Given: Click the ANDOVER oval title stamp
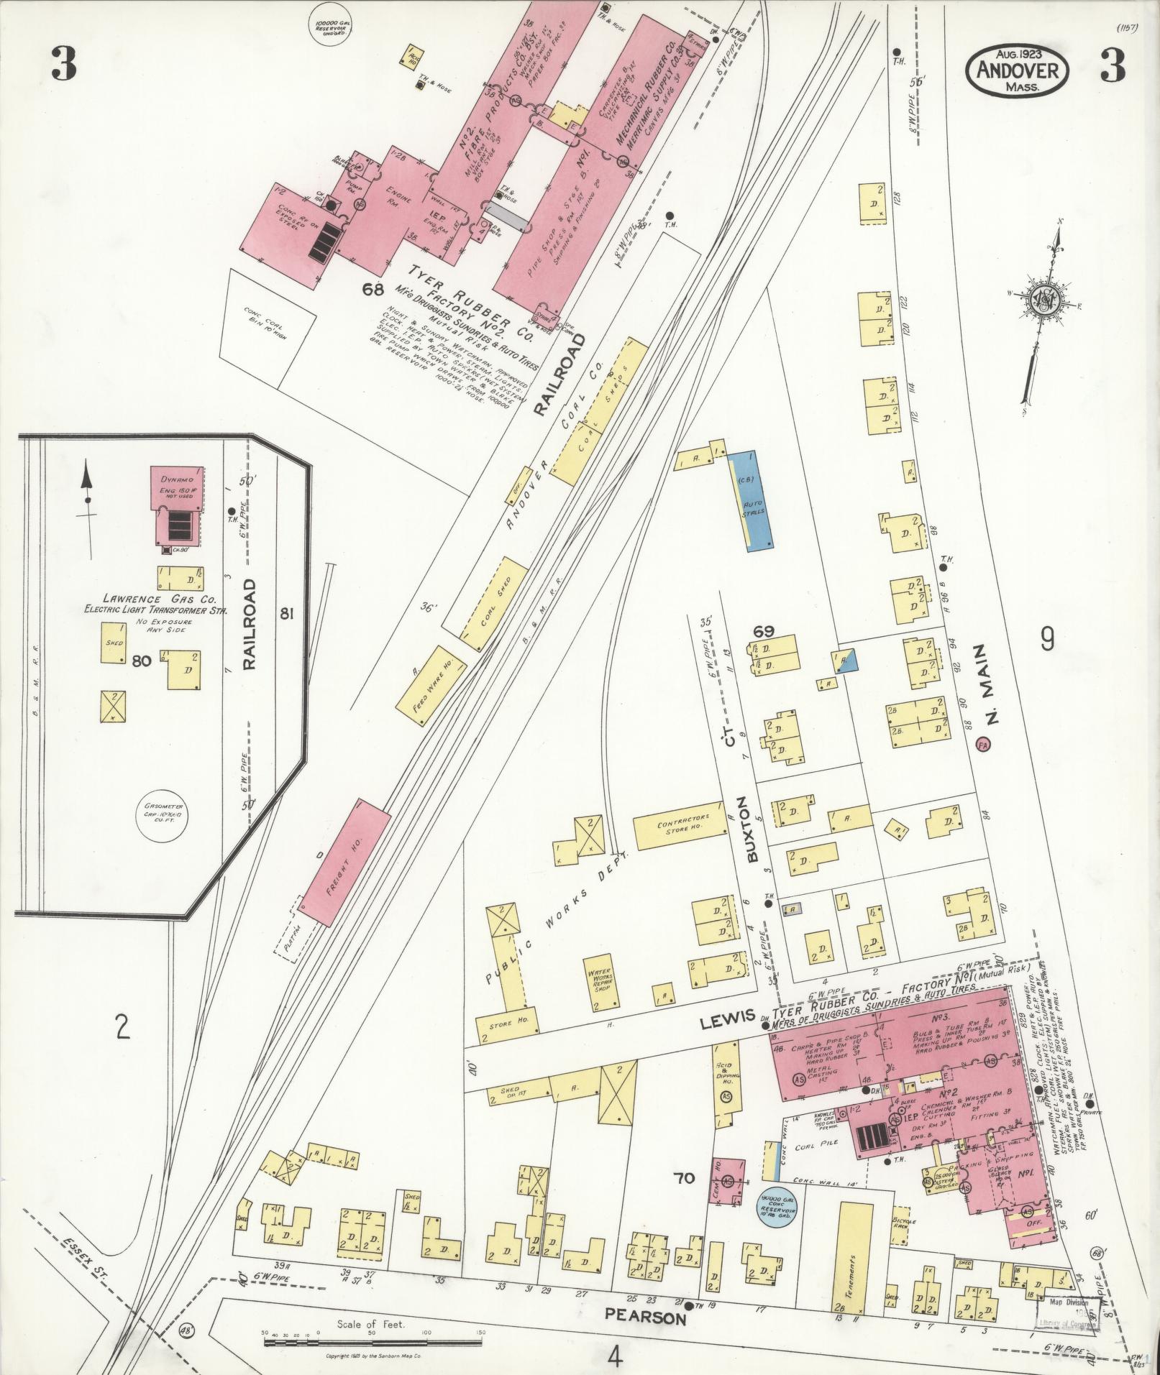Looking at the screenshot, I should (1017, 70).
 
